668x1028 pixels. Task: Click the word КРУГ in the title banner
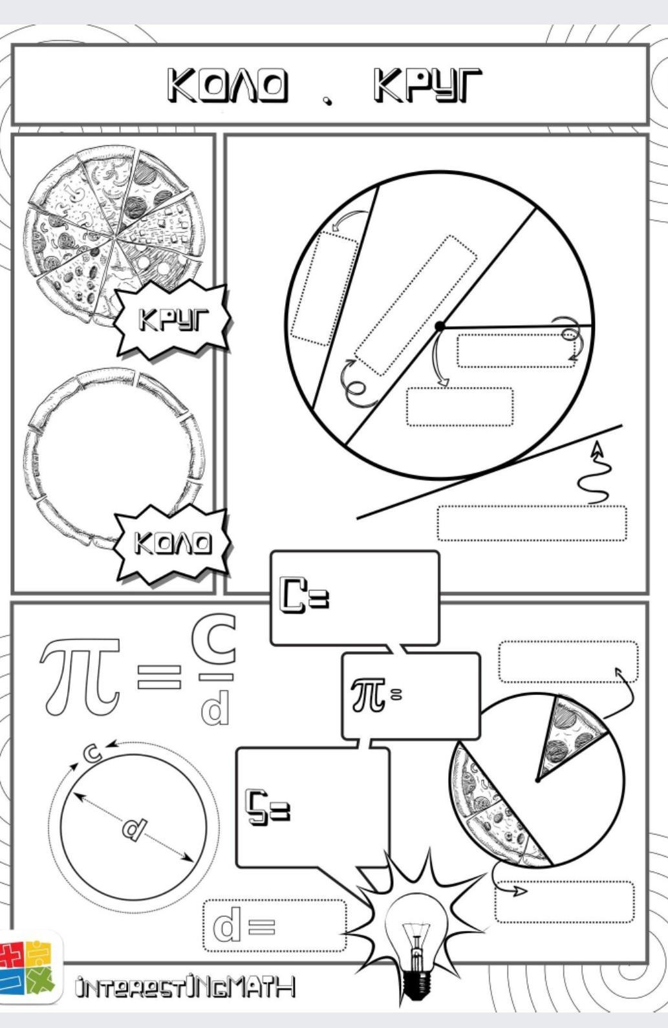point(428,85)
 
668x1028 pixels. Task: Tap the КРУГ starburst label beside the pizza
point(173,320)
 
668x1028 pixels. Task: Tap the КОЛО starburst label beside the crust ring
point(173,543)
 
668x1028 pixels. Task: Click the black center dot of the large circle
point(439,327)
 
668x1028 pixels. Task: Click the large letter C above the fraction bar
point(214,639)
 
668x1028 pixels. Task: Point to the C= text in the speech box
point(305,595)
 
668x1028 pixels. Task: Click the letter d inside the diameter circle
point(134,829)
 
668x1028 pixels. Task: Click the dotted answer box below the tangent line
point(532,524)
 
